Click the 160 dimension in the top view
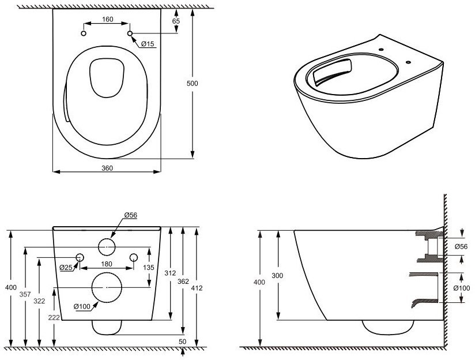tap(108, 20)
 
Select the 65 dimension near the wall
tap(176, 21)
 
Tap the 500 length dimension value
tap(192, 83)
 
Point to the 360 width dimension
tap(107, 168)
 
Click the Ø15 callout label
tap(148, 44)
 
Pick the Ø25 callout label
tap(66, 268)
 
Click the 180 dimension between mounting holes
tap(106, 264)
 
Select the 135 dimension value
tap(149, 268)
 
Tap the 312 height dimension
tap(170, 273)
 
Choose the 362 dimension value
tap(183, 282)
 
